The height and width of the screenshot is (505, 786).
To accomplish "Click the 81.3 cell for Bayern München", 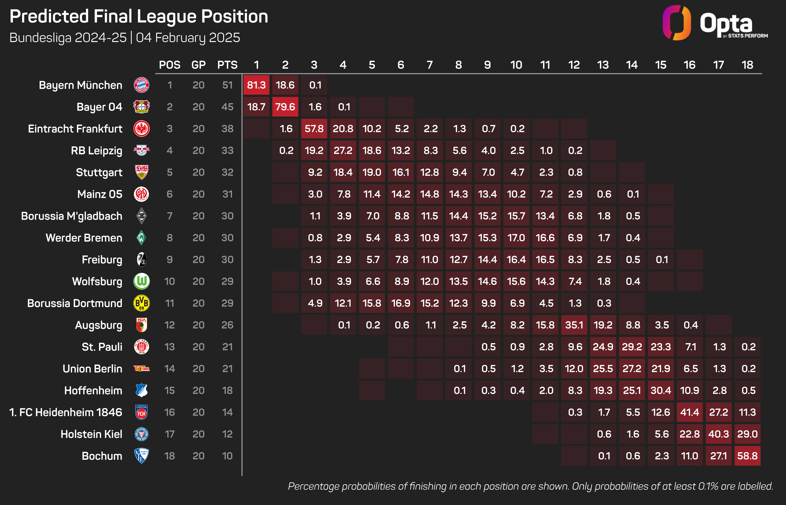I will (x=256, y=85).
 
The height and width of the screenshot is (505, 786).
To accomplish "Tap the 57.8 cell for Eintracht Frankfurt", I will (x=314, y=129).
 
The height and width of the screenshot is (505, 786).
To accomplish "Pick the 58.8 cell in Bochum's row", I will (x=747, y=456).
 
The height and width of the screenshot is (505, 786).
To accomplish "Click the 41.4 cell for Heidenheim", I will (x=690, y=412).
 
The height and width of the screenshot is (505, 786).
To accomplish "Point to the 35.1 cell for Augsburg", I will (x=574, y=325).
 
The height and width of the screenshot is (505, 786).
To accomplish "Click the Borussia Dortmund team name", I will (x=75, y=303).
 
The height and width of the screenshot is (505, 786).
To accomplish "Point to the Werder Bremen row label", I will (x=84, y=238).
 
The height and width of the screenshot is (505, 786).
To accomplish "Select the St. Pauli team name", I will (x=102, y=347).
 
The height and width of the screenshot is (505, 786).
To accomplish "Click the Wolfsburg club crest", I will (x=141, y=281).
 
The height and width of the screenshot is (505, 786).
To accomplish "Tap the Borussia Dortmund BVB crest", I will (x=141, y=303).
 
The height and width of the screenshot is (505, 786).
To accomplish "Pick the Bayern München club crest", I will (x=141, y=85).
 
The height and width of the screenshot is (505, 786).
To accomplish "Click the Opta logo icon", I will (x=676, y=22).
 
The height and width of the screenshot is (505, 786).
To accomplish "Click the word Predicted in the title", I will (x=49, y=16).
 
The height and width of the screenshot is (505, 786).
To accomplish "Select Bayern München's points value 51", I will (x=227, y=85).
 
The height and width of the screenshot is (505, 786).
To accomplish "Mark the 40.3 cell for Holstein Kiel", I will (x=718, y=434).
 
